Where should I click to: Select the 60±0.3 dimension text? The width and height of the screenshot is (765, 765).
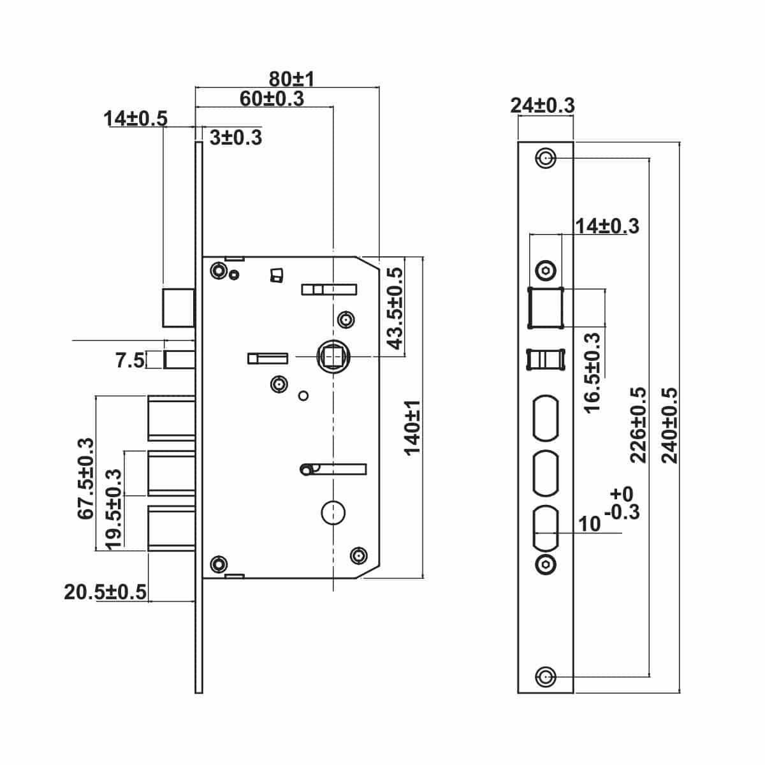tap(272, 98)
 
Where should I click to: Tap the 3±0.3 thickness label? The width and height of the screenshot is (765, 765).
tap(236, 137)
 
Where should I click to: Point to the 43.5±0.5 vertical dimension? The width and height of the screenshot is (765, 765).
tap(395, 309)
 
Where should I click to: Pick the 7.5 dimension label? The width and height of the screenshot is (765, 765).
tap(130, 360)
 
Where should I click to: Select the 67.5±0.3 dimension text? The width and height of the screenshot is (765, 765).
tap(86, 479)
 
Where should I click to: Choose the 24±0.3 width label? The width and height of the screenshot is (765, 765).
tap(543, 106)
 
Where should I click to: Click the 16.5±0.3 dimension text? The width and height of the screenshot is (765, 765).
tap(593, 373)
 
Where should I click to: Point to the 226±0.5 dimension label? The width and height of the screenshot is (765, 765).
tap(638, 425)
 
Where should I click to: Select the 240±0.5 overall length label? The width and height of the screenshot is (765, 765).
tap(670, 425)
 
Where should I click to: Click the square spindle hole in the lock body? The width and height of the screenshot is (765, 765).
tap(333, 356)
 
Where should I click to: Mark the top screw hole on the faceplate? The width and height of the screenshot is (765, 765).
tap(546, 158)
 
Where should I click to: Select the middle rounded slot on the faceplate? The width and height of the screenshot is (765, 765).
tap(546, 473)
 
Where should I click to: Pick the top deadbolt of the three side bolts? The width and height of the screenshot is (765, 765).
tap(171, 418)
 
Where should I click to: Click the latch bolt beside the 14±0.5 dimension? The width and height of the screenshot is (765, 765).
tap(178, 308)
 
